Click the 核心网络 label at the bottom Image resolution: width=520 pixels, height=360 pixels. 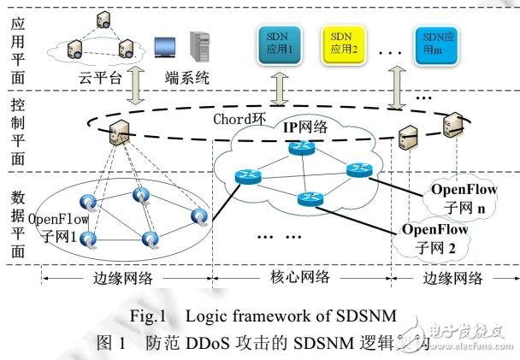301,279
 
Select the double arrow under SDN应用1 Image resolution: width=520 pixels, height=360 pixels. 281,89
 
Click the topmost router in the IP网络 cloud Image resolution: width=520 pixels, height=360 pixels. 300,147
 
